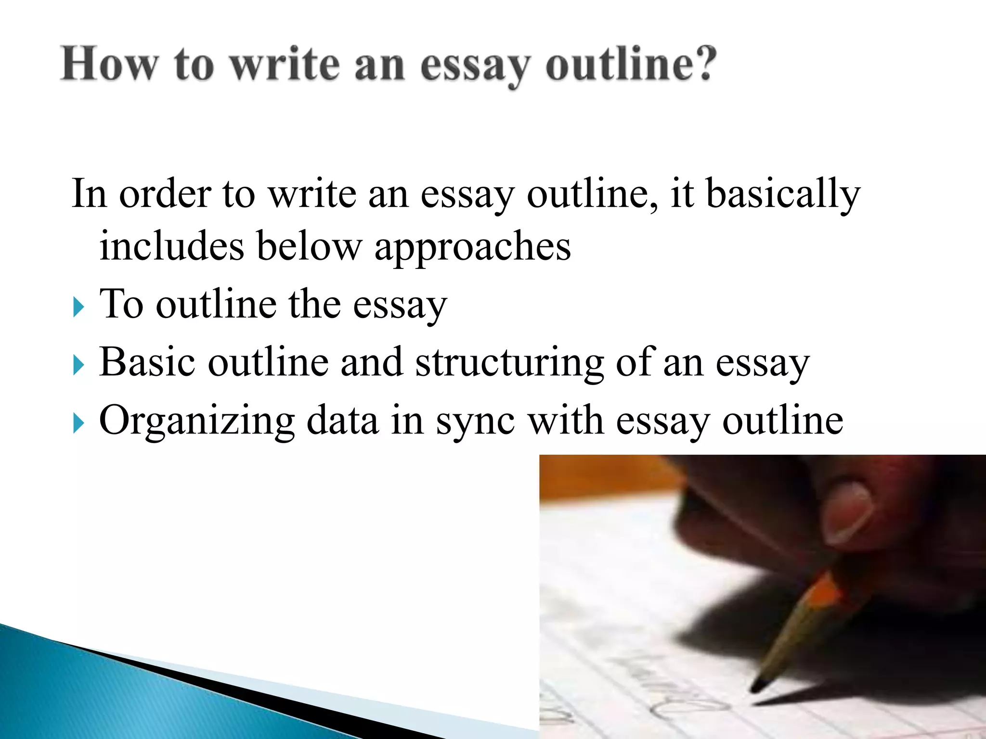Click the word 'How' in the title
click(x=109, y=64)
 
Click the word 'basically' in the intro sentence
click(x=783, y=194)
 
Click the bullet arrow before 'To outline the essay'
click(x=78, y=307)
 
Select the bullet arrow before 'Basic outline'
click(x=78, y=366)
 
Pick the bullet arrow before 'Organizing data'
click(x=78, y=424)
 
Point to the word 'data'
click(x=342, y=420)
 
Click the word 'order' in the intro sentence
click(x=165, y=194)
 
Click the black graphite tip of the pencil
click(x=759, y=685)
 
